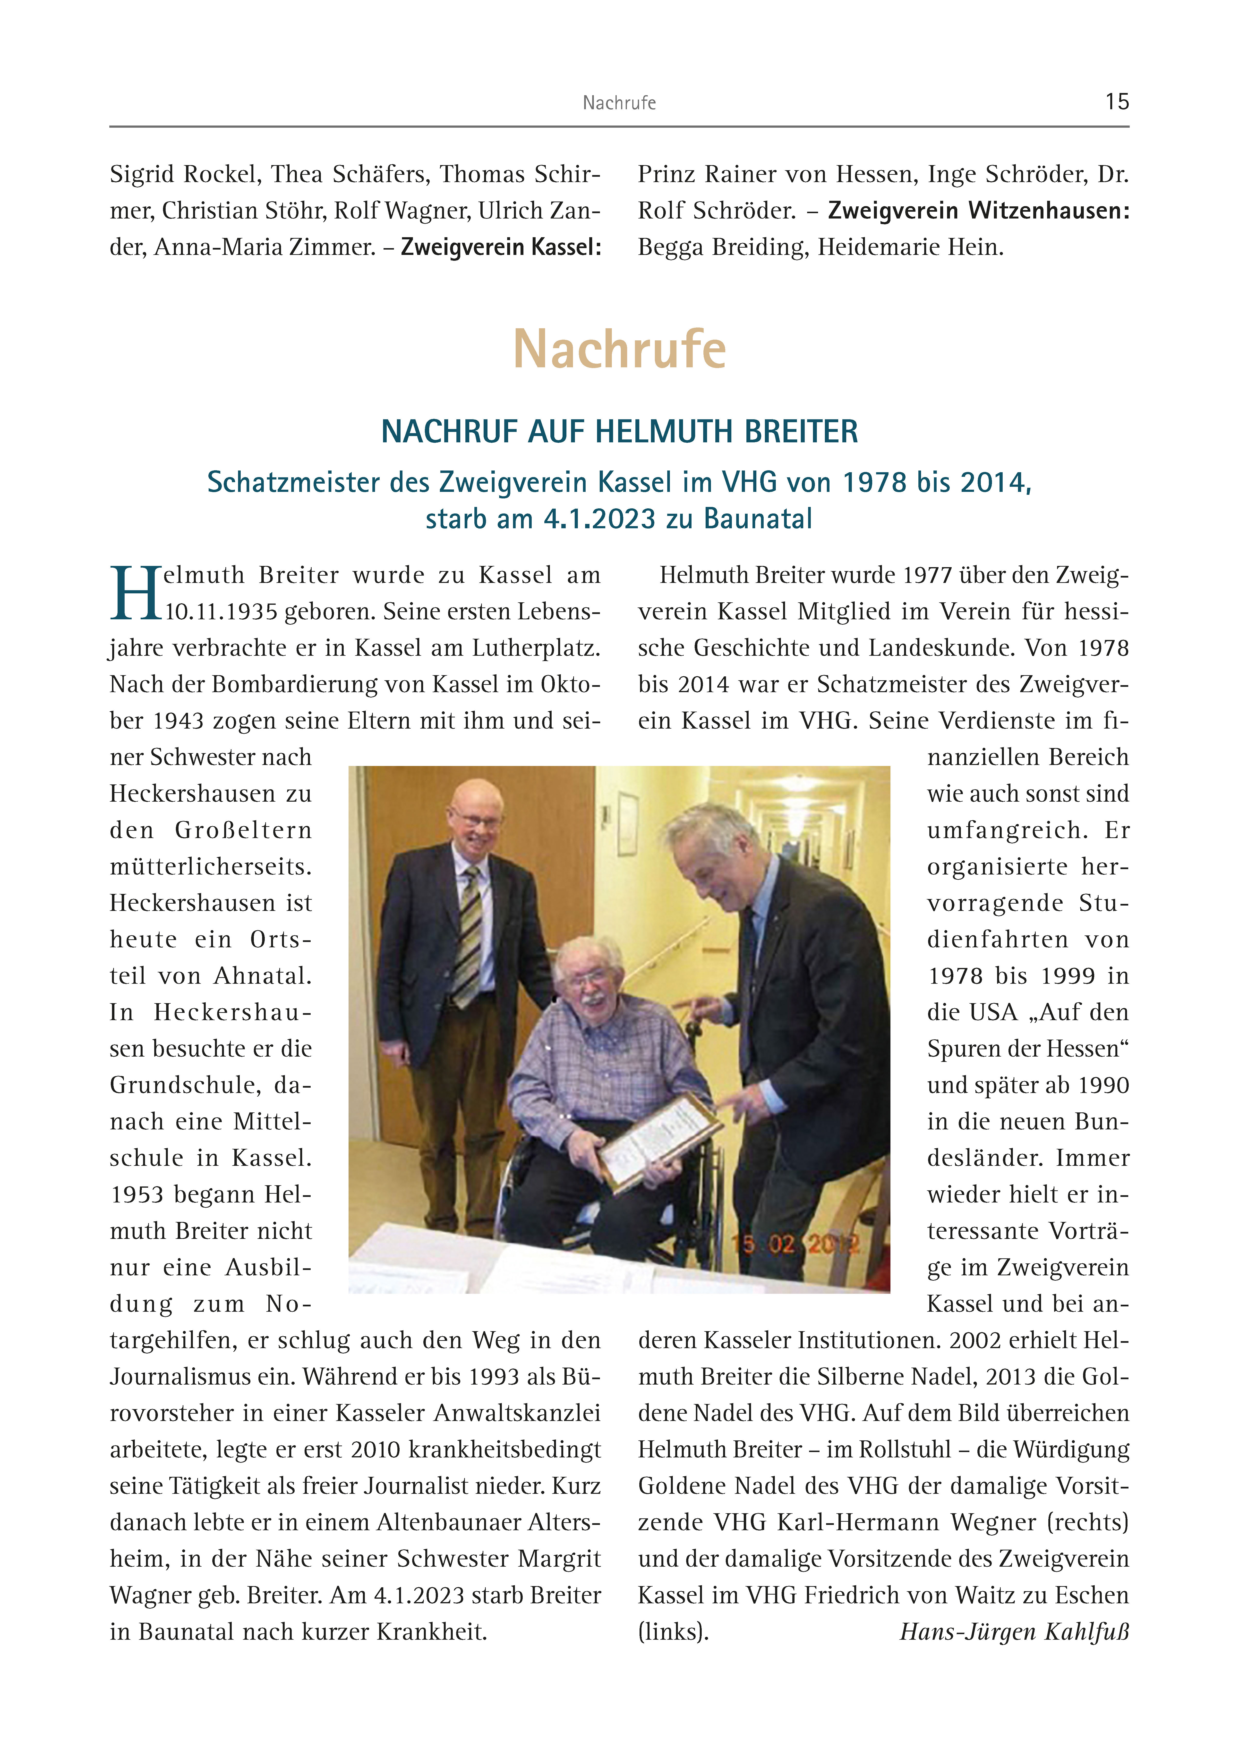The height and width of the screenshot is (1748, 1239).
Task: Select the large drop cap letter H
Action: [136, 593]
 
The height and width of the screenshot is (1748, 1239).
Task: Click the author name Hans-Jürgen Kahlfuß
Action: [1014, 1631]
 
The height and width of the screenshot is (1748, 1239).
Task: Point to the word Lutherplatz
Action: [536, 648]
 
